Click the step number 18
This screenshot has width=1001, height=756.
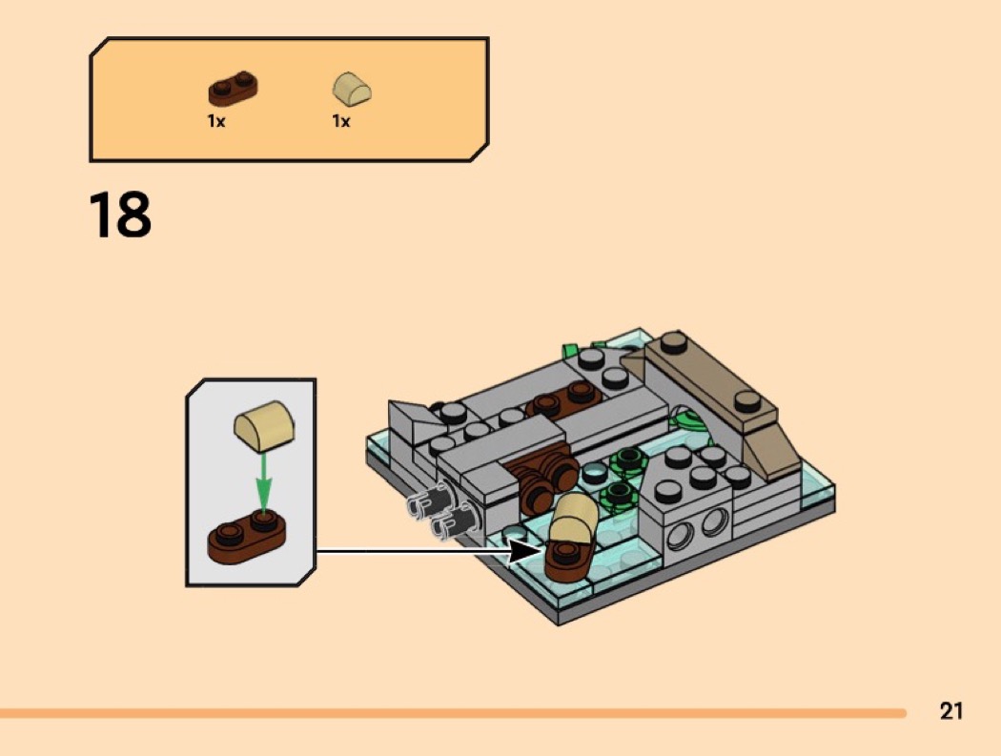click(x=120, y=215)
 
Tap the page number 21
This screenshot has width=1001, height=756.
click(x=950, y=711)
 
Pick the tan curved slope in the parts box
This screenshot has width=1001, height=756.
click(x=352, y=91)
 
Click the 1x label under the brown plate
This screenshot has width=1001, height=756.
click(x=216, y=121)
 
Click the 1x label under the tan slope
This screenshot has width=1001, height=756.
click(x=341, y=121)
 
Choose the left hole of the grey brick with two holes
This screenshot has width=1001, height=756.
click(x=681, y=537)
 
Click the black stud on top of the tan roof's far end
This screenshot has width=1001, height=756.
click(x=674, y=341)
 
